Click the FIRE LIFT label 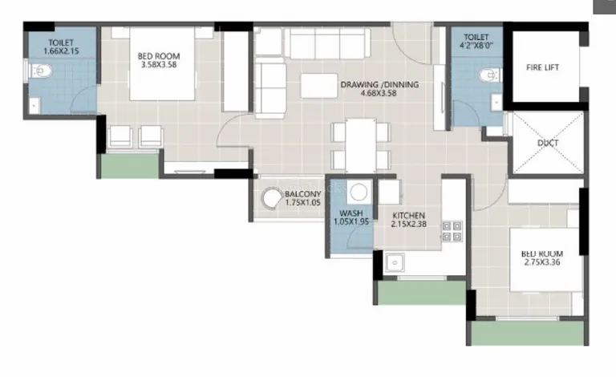click(x=542, y=67)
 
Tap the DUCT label click(x=548, y=143)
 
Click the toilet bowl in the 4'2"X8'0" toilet click(x=489, y=75)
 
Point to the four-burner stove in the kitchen click(x=452, y=231)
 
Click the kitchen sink click(x=395, y=262)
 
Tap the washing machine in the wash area click(x=359, y=193)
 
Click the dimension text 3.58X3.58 click(x=159, y=65)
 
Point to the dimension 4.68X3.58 click(x=379, y=94)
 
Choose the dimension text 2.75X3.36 click(x=542, y=262)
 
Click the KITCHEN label click(x=409, y=216)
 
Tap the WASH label click(x=351, y=213)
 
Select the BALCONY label click(x=303, y=194)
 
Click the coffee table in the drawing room click(x=319, y=86)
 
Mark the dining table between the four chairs click(x=361, y=145)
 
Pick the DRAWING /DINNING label click(x=379, y=84)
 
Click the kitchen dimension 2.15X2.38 click(x=409, y=225)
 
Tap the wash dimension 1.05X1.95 click(x=351, y=221)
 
